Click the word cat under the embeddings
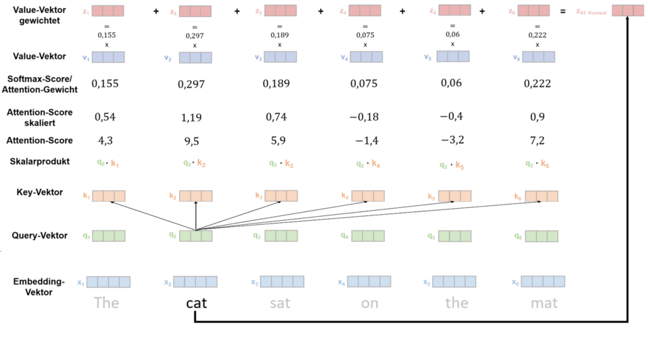pyautogui.click(x=196, y=302)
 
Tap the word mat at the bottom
pyautogui.click(x=544, y=302)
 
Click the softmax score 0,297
pyautogui.click(x=192, y=84)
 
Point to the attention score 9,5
pyautogui.click(x=191, y=141)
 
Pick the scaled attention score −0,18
pyautogui.click(x=364, y=117)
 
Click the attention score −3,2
pyautogui.click(x=452, y=140)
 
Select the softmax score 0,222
pyautogui.click(x=537, y=84)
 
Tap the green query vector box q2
pyautogui.click(x=196, y=237)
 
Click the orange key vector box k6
pyautogui.click(x=542, y=196)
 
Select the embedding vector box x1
pyautogui.click(x=108, y=282)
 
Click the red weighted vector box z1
pyautogui.click(x=108, y=11)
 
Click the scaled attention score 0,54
pyautogui.click(x=104, y=117)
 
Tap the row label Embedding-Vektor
pyautogui.click(x=38, y=286)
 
